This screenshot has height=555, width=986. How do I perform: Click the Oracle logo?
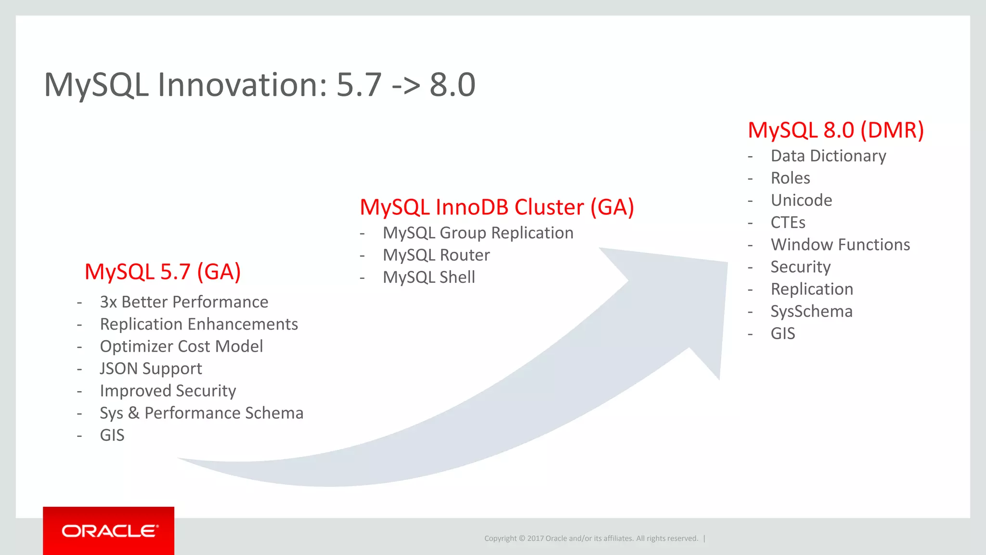[x=109, y=531]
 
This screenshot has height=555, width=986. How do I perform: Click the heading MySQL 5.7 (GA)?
[x=163, y=272]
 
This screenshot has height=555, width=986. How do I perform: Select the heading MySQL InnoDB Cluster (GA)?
[x=497, y=207]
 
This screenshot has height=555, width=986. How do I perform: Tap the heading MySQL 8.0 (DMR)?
[x=836, y=130]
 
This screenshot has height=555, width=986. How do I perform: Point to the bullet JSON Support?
[x=151, y=369]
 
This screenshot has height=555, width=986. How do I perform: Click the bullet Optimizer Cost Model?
[x=182, y=346]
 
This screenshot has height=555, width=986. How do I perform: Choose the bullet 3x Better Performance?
[x=184, y=302]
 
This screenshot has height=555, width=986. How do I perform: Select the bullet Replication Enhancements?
[x=199, y=324]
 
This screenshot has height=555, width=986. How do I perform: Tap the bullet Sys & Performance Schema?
[x=201, y=413]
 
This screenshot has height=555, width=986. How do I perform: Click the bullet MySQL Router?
[x=436, y=255]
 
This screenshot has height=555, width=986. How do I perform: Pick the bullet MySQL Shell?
[x=429, y=277]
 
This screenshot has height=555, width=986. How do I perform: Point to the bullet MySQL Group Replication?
[x=478, y=233]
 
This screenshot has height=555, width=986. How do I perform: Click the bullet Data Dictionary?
[x=828, y=156]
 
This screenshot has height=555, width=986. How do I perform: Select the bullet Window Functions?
[x=840, y=245]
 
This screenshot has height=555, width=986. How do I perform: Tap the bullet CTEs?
[x=788, y=223]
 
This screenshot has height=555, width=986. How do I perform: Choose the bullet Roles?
[x=791, y=178]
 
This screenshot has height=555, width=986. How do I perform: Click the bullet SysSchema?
[x=811, y=311]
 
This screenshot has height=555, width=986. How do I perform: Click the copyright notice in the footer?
[x=591, y=538]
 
